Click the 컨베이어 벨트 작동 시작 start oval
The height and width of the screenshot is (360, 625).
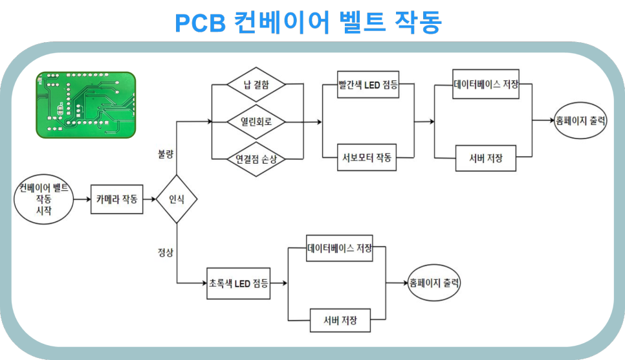44,199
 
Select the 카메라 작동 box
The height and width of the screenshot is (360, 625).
117,199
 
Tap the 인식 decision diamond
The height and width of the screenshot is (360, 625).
177,199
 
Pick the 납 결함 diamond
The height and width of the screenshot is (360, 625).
256,84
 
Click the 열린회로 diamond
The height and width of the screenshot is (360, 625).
256,122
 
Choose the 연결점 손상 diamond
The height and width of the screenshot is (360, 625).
256,159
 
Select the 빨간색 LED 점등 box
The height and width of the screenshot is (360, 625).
368,85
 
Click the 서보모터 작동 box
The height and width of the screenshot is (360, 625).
367,157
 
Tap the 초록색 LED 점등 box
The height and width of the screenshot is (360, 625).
238,284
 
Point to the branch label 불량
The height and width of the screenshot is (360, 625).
166,154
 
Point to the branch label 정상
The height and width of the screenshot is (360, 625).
166,253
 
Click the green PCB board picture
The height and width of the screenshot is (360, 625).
85,105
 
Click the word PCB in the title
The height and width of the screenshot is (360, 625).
200,23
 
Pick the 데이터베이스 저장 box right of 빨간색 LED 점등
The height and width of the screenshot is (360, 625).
486,84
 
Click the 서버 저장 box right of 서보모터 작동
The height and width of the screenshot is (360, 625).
486,158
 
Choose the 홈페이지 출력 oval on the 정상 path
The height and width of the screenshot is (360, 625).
434,282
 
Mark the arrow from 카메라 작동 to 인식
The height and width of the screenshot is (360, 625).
149,199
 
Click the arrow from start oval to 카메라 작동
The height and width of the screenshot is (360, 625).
82,199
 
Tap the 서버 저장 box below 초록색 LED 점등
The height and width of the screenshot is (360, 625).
340,320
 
